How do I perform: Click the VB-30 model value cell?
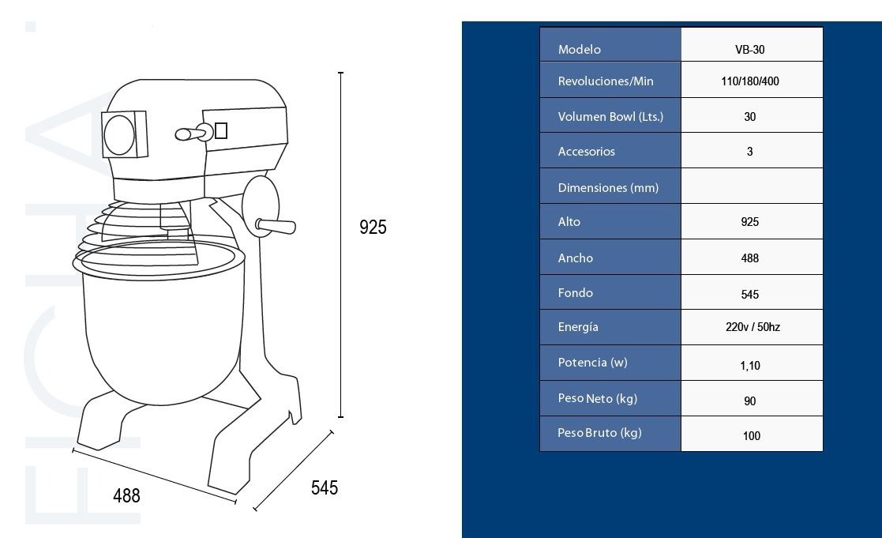750,50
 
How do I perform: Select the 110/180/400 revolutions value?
750,81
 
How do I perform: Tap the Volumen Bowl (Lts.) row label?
610,116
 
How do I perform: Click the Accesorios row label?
586,152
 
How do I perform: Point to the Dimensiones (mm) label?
608,187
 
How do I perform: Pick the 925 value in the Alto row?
750,222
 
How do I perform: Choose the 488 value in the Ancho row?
750,258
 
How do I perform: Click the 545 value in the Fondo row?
750,295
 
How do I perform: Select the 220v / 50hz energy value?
753,327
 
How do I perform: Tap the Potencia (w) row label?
592,363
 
